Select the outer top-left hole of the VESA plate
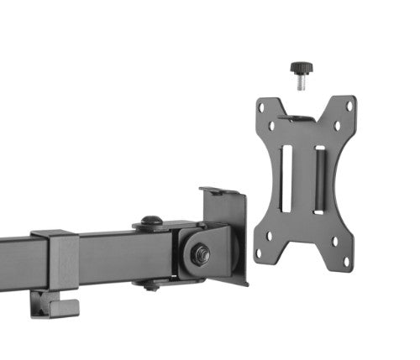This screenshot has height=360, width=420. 262,107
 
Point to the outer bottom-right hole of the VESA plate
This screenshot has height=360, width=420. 347,260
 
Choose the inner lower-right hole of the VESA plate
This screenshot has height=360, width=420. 335,240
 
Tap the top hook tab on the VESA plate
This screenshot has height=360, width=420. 303,117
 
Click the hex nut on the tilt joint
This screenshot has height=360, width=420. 200,255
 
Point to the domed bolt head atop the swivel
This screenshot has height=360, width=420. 151,222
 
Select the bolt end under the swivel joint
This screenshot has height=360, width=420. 151,286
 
